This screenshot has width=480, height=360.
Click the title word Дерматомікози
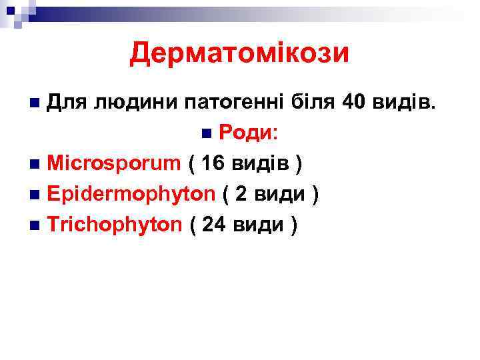[239, 53]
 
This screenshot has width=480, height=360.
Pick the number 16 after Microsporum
[217, 163]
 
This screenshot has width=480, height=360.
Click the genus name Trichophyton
[115, 225]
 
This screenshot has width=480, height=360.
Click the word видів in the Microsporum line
[263, 163]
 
